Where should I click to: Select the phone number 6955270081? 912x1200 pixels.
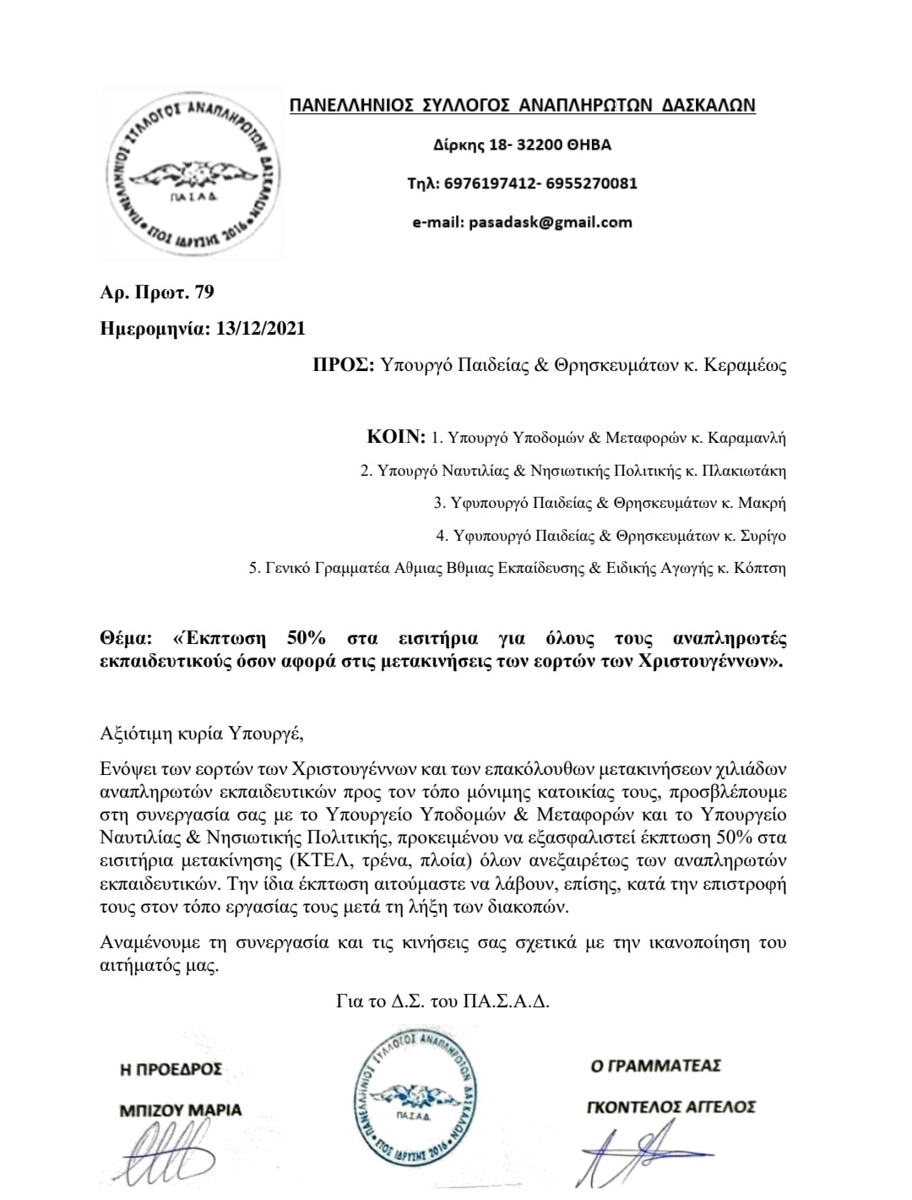click(x=595, y=183)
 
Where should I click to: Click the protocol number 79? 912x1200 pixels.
click(x=204, y=292)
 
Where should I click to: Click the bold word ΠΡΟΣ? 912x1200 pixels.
click(x=343, y=367)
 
